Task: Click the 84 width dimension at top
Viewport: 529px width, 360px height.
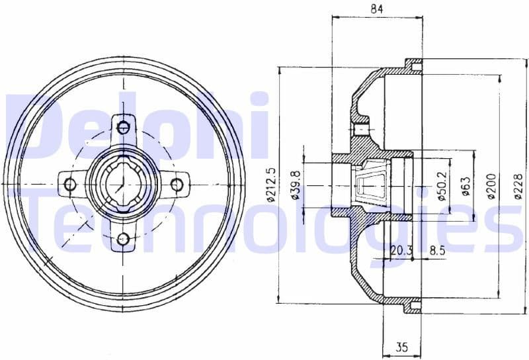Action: pos(377,9)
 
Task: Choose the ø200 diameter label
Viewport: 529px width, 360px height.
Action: pos(491,185)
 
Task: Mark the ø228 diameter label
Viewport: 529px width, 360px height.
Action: pos(517,185)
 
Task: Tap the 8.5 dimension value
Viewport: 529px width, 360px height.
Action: pos(437,250)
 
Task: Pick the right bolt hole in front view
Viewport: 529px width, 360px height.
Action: pos(177,184)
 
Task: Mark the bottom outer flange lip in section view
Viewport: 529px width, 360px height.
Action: pos(413,305)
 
